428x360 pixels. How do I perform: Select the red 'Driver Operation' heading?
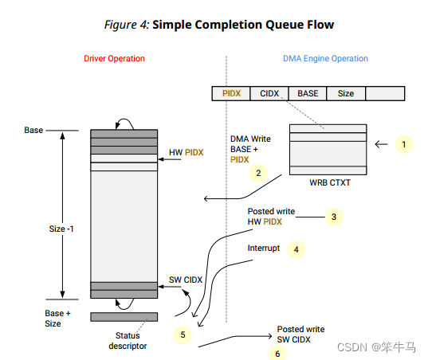115,59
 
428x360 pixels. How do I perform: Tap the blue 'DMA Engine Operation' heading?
325,59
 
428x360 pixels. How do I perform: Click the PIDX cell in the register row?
231,94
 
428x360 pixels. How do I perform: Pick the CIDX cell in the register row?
269,94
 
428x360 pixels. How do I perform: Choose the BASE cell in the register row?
308,94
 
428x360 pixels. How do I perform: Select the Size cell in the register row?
346,94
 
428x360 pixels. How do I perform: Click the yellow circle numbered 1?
405,144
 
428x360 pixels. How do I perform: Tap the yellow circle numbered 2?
257,172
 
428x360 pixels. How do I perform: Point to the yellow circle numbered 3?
334,216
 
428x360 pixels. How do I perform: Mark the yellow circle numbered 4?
296,248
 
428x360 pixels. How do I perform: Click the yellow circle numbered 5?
183,335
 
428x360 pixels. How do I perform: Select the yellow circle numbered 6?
277,353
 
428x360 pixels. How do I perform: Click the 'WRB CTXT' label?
328,182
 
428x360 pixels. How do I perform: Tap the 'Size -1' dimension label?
61,228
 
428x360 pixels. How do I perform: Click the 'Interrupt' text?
264,248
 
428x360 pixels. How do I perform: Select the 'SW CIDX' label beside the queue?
186,280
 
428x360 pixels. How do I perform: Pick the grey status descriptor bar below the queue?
124,316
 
